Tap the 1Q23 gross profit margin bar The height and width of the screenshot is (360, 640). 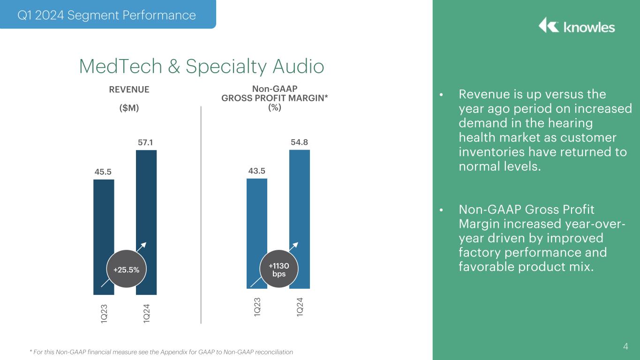coord(257,220)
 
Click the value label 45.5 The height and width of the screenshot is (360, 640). coord(103,172)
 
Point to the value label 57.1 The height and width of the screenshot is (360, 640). coord(146,142)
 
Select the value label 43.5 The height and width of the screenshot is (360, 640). coord(257,171)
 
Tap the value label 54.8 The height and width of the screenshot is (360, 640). coord(300,142)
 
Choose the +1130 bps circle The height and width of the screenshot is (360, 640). coord(279,270)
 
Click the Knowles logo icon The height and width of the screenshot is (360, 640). coord(548,26)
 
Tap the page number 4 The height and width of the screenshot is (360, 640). coord(625,347)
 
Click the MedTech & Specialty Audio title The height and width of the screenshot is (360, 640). coord(202,66)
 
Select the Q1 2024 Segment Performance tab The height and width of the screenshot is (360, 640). coord(106,15)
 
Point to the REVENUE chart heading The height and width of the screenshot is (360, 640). coord(129,89)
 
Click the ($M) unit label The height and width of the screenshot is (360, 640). coord(129,108)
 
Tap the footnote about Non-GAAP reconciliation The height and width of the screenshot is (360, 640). coord(161,352)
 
